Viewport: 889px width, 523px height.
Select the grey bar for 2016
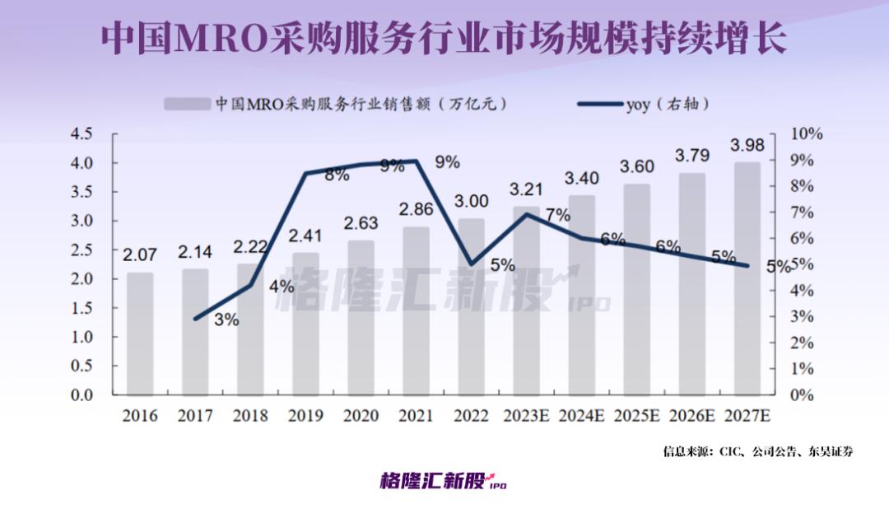point(140,334)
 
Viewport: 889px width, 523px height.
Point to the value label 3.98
point(747,146)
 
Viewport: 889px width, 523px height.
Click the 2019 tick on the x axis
point(306,416)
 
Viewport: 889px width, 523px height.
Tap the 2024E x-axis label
point(582,416)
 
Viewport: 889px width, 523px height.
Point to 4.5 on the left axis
point(82,133)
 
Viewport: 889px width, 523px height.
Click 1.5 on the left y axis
point(82,308)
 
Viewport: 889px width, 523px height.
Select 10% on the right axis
point(806,133)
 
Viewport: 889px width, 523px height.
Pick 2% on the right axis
point(803,343)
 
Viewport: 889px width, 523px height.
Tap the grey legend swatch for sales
point(187,105)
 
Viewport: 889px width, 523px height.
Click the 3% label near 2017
point(226,320)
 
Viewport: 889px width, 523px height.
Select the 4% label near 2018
point(282,287)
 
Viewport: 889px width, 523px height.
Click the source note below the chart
point(758,451)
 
